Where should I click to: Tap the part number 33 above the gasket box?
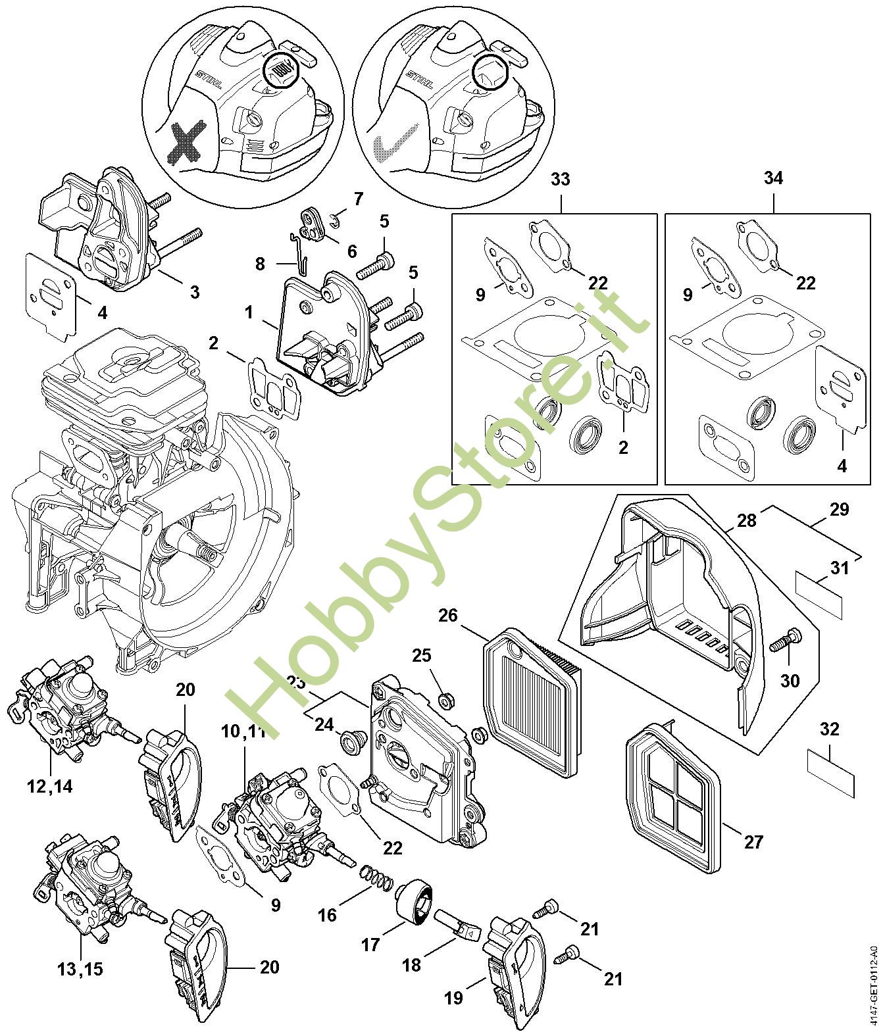[x=561, y=179]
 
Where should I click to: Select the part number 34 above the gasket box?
[x=774, y=179]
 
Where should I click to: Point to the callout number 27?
[x=753, y=841]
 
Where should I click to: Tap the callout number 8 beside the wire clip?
[x=261, y=264]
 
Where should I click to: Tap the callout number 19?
[x=454, y=998]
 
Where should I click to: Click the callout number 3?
[x=195, y=291]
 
